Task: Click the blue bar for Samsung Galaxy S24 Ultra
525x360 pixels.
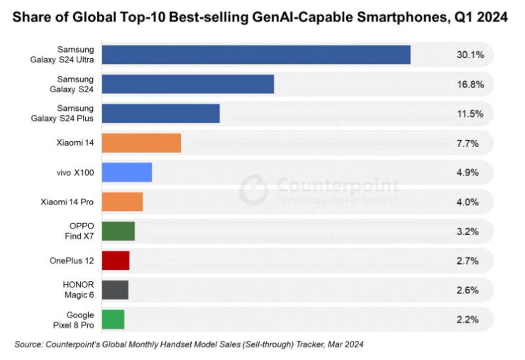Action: click(256, 55)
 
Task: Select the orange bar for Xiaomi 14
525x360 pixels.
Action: click(141, 143)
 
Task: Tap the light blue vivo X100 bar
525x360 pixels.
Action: click(127, 173)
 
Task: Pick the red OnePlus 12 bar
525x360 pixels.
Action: click(116, 260)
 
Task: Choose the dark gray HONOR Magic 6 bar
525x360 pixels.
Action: click(115, 290)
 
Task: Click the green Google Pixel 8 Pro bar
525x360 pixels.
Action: click(113, 319)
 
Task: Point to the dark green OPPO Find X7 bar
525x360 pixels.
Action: click(118, 231)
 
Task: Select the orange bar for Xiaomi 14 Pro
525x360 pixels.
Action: click(122, 202)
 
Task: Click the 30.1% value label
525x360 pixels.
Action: click(470, 55)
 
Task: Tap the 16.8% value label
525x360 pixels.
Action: click(470, 84)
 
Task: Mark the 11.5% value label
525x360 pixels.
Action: click(470, 114)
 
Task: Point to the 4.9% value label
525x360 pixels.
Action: click(468, 173)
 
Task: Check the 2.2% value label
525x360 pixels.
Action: click(468, 319)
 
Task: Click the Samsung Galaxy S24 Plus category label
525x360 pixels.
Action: click(70, 114)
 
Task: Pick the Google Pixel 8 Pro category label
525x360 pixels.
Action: click(74, 319)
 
